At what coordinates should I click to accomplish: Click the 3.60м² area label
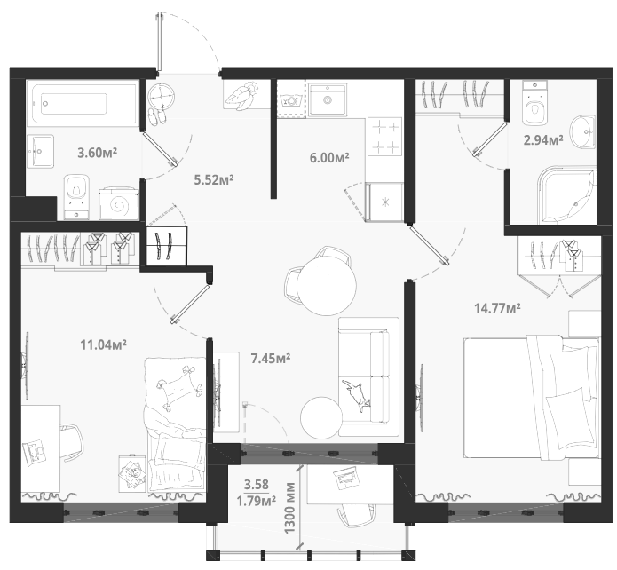point(97,153)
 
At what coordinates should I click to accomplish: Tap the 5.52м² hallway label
point(214,180)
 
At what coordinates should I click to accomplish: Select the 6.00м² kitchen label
point(329,158)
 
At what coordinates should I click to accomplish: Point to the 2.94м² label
point(543,139)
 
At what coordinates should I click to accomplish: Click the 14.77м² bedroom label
point(498,308)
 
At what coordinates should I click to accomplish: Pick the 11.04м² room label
point(104,344)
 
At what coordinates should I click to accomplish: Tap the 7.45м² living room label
point(271,358)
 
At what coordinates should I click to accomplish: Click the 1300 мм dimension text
point(290,508)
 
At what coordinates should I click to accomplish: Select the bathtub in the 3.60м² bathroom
point(83,104)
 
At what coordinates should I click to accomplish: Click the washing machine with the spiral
point(119,203)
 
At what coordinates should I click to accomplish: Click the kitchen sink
point(327,99)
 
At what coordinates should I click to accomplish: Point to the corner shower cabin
point(566,195)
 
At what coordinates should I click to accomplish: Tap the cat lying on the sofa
point(356,394)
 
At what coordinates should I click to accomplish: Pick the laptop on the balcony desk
point(346,478)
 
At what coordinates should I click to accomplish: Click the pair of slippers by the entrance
point(156,117)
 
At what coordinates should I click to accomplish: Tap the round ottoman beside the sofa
point(321,417)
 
